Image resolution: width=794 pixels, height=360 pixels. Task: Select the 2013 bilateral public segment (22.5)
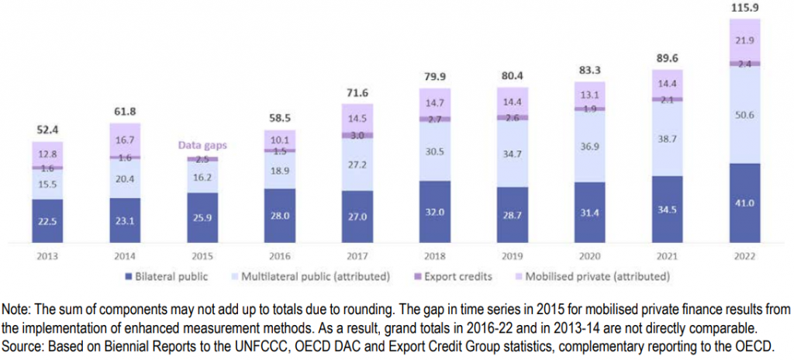47,220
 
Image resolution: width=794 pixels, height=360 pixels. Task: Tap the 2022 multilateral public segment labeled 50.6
745,116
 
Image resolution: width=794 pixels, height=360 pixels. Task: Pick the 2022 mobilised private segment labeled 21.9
745,40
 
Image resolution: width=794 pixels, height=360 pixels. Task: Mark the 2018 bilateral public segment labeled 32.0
435,213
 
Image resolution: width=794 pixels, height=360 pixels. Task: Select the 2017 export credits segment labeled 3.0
357,135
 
